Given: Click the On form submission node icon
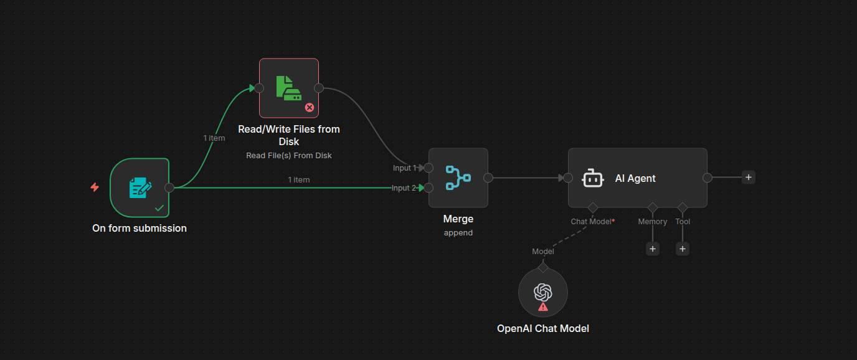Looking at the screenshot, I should tap(140, 187).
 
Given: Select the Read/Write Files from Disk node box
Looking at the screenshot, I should tap(288, 88).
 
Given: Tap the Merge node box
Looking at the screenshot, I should tap(458, 178).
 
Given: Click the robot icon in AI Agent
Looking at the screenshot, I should tap(592, 178).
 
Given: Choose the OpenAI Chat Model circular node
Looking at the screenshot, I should tap(542, 292).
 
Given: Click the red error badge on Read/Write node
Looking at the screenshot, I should tap(309, 107).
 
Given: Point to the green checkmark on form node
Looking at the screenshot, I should tap(159, 207).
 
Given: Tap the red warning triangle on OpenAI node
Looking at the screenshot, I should tap(543, 306).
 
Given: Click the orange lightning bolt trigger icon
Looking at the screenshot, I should tap(95, 187).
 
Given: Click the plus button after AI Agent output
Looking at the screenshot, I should tap(749, 177).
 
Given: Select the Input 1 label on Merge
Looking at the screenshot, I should tap(404, 168).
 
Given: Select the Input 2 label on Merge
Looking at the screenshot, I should tap(404, 188).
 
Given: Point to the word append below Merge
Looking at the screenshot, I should tap(458, 233).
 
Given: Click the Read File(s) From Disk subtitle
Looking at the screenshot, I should tap(289, 155).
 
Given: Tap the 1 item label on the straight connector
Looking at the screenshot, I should tap(299, 179).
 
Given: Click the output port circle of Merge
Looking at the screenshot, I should tap(488, 178).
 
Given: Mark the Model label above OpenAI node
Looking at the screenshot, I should tap(542, 252).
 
